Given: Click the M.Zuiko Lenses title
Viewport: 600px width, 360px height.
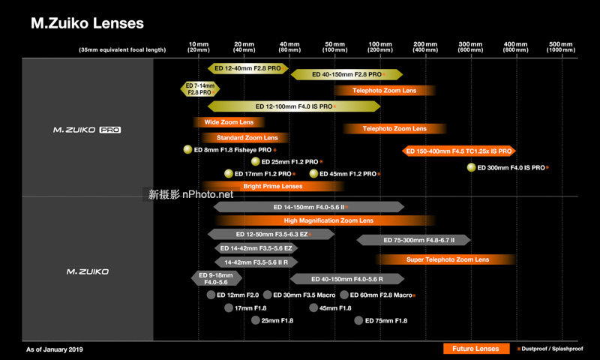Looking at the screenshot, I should (x=87, y=23).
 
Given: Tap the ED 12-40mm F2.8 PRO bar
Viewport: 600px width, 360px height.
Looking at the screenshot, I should (x=247, y=68).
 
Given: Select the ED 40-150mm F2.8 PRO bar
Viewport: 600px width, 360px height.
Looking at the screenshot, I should (x=346, y=74).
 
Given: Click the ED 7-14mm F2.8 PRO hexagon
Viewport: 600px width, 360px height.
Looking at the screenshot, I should (x=199, y=89).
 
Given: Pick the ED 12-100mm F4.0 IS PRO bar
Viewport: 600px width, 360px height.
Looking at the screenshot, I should (x=294, y=106).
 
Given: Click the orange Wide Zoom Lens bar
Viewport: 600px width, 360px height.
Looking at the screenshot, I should (x=229, y=122).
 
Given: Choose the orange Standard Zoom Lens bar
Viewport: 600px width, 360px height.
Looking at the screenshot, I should (x=247, y=138).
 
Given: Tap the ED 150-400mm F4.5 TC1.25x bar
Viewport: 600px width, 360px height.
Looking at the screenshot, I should (x=458, y=151).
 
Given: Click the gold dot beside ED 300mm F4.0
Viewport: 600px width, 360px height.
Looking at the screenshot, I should (x=472, y=167).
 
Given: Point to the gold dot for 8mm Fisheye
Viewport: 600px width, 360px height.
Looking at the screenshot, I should (x=188, y=150).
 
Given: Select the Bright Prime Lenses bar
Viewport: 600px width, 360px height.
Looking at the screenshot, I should (x=272, y=186).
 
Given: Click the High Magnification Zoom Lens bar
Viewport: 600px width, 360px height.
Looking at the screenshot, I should (x=328, y=220).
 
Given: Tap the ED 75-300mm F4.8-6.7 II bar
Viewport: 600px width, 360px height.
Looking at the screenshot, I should (x=414, y=240).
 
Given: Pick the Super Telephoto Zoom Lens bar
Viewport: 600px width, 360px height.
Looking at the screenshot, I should (x=447, y=259).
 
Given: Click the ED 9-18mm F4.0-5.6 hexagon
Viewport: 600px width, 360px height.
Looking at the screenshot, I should (x=217, y=279).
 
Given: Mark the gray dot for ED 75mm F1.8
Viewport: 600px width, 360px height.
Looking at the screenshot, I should (x=358, y=320).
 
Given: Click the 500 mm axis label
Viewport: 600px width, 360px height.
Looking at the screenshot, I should (x=560, y=46).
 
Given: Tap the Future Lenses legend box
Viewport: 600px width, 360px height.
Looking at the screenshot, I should (x=475, y=349).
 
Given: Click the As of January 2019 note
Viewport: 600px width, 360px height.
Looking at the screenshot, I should (x=55, y=349).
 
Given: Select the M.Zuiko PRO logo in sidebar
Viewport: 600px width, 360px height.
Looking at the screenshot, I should (x=87, y=130).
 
